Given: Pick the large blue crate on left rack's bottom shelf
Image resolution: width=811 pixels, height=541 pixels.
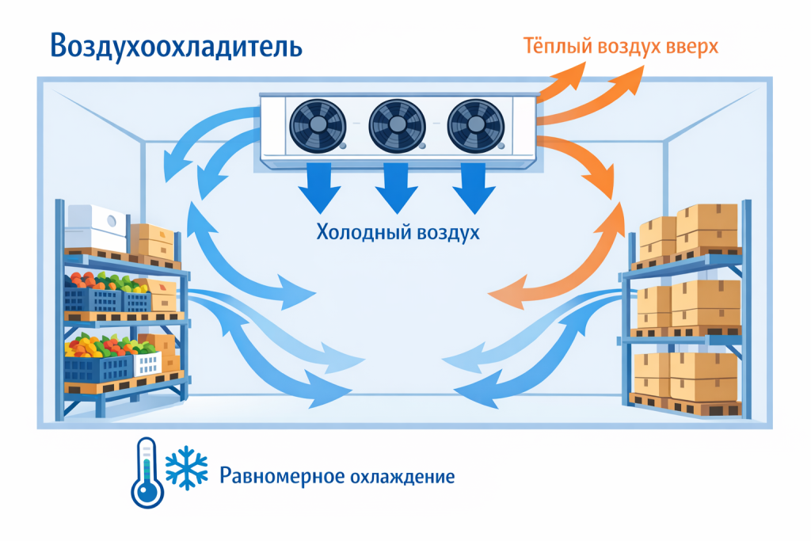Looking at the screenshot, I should pyautogui.click(x=97, y=368).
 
